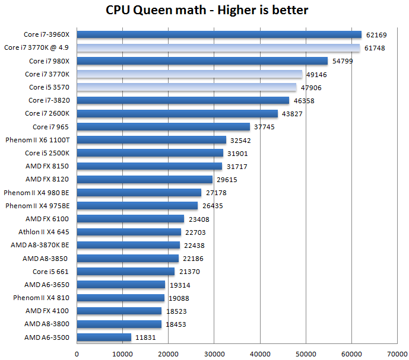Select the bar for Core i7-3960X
coord(219,34)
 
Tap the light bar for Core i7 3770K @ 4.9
coord(218,47)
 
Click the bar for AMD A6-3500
coord(104,337)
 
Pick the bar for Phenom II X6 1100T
coord(151,140)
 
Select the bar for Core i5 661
coord(126,272)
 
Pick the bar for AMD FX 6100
coord(131,219)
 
